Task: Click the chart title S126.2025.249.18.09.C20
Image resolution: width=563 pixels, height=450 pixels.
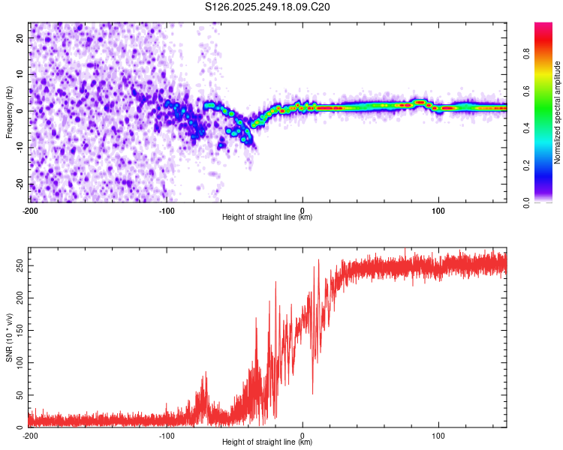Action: (268, 7)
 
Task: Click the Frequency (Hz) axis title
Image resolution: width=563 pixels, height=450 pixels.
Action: (9, 111)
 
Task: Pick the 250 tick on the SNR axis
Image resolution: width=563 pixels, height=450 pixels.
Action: (18, 266)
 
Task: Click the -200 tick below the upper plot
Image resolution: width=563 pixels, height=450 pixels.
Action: (30, 211)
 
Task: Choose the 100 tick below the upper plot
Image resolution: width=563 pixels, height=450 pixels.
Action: (438, 211)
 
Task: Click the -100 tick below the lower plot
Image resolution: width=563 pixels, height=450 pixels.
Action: (166, 436)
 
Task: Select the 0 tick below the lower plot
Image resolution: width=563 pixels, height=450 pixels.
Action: (303, 436)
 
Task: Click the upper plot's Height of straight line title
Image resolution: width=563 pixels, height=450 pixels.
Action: (268, 218)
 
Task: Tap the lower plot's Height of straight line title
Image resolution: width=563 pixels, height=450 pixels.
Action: (268, 442)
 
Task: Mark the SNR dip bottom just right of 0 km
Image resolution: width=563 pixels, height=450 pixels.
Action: (313, 393)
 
